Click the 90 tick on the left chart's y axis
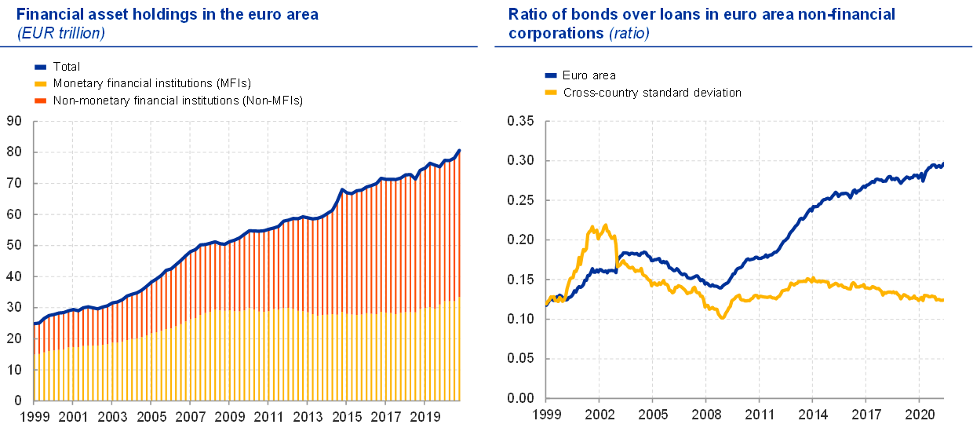(15, 121)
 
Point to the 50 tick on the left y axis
(15, 245)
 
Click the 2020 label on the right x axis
(919, 413)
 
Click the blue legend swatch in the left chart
(41, 68)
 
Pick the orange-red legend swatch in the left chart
(41, 101)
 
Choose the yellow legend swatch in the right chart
(551, 92)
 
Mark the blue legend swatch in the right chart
(551, 75)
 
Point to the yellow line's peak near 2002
(593, 226)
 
